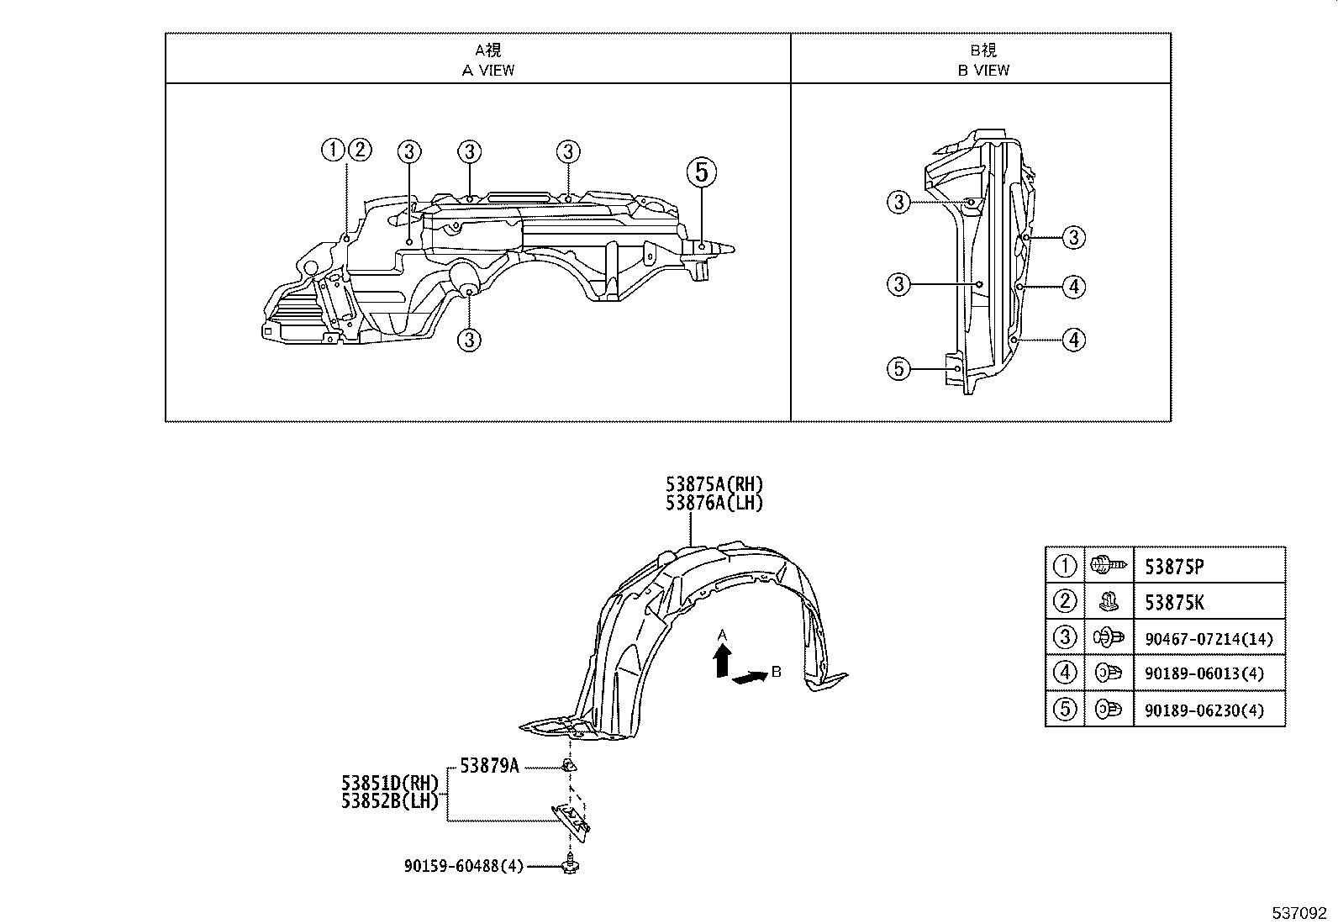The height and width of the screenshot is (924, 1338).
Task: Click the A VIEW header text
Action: (488, 70)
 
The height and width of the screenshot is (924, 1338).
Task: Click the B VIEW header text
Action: (983, 70)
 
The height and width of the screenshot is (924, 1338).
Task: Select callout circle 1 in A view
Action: (333, 150)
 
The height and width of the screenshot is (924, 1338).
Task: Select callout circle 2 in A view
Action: (359, 150)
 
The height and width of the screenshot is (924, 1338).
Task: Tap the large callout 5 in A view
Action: (702, 172)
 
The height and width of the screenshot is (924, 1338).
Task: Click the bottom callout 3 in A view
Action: (469, 340)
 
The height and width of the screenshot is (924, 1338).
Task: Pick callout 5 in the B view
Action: (899, 368)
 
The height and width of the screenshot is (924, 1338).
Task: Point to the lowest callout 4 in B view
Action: (1073, 340)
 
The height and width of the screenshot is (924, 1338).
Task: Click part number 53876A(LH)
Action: (714, 503)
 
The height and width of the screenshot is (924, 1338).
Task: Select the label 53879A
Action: (489, 766)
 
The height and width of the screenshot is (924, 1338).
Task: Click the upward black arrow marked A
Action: (721, 662)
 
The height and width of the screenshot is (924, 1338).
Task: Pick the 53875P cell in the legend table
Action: (1174, 567)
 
